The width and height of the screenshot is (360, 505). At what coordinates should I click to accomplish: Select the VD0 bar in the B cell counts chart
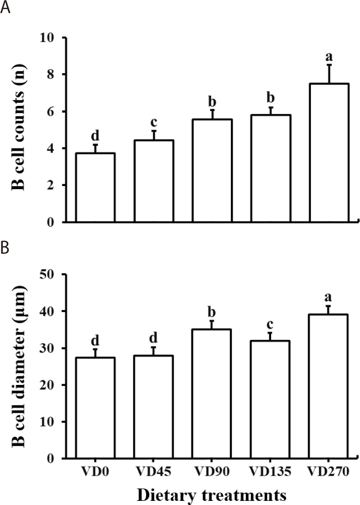pos(95,188)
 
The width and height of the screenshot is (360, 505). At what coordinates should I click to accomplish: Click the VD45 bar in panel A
pos(153,181)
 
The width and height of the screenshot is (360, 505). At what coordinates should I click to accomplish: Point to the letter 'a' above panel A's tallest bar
pos(329,57)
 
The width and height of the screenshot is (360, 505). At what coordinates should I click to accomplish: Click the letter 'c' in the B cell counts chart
pos(153,123)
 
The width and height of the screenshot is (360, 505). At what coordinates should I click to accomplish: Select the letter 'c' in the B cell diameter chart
pos(270,324)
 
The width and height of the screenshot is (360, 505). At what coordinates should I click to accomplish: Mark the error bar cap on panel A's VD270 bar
pos(329,65)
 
